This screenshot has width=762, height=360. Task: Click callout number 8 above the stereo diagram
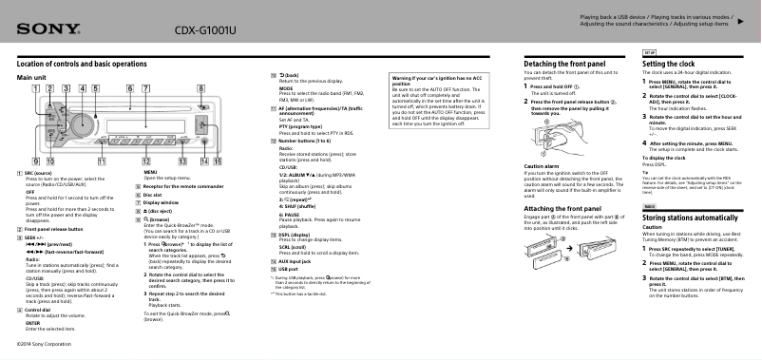pyautogui.click(x=201, y=89)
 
